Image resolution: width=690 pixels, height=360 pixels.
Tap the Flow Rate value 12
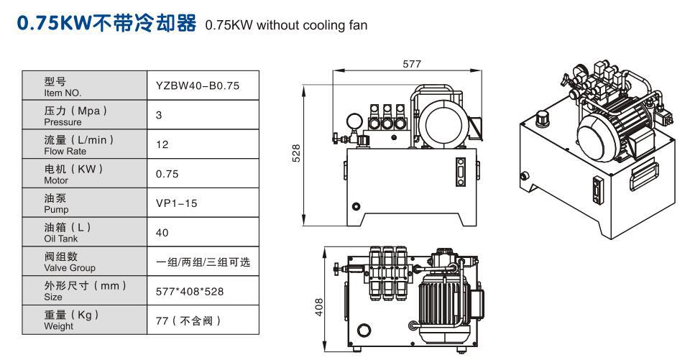(x=161, y=144)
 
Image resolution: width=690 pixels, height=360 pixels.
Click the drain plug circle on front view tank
(x=354, y=207)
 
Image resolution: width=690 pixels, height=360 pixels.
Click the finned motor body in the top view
(x=442, y=297)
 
